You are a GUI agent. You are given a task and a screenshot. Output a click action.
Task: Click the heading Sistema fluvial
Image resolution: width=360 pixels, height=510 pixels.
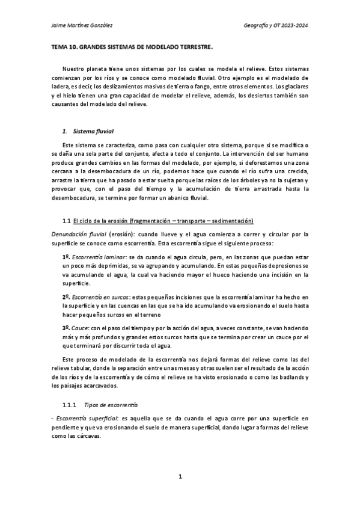pyautogui.click(x=88, y=131)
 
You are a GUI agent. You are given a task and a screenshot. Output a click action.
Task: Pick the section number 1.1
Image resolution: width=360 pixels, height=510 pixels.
pyautogui.click(x=67, y=221)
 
